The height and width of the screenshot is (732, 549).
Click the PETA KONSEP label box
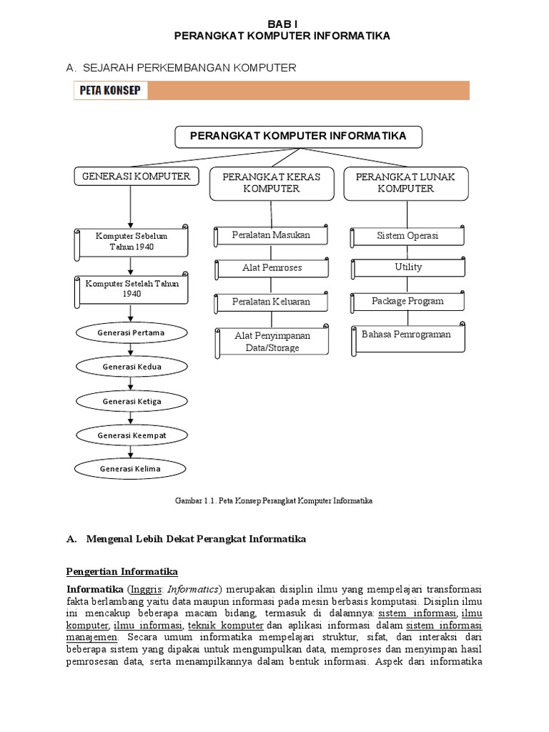coord(109,91)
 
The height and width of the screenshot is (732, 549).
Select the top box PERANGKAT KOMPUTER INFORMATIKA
coord(298,137)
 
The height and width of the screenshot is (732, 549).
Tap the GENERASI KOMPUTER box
coord(136,176)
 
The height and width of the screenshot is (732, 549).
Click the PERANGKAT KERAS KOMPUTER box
coord(271,183)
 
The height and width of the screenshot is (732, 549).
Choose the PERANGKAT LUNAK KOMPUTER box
coord(405,183)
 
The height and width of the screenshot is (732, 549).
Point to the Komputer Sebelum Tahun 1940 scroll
coord(132,242)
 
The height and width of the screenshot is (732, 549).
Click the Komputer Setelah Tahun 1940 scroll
coord(132,289)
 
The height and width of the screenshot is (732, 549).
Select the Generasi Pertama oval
coord(132,333)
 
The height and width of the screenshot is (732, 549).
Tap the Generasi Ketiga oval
coord(132,402)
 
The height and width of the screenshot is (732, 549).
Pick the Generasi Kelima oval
coord(130,469)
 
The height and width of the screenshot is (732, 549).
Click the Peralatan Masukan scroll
coord(271,235)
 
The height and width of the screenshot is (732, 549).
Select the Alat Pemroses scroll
coord(272,268)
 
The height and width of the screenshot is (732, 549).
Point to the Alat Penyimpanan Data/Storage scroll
coord(272,342)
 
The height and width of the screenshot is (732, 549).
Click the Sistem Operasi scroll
coord(407,236)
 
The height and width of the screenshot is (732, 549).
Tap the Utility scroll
coord(408,267)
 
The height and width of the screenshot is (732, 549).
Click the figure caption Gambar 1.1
coord(274,501)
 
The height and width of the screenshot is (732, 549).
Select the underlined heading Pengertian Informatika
coord(122,572)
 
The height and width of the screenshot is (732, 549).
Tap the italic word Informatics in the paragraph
coord(194,590)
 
